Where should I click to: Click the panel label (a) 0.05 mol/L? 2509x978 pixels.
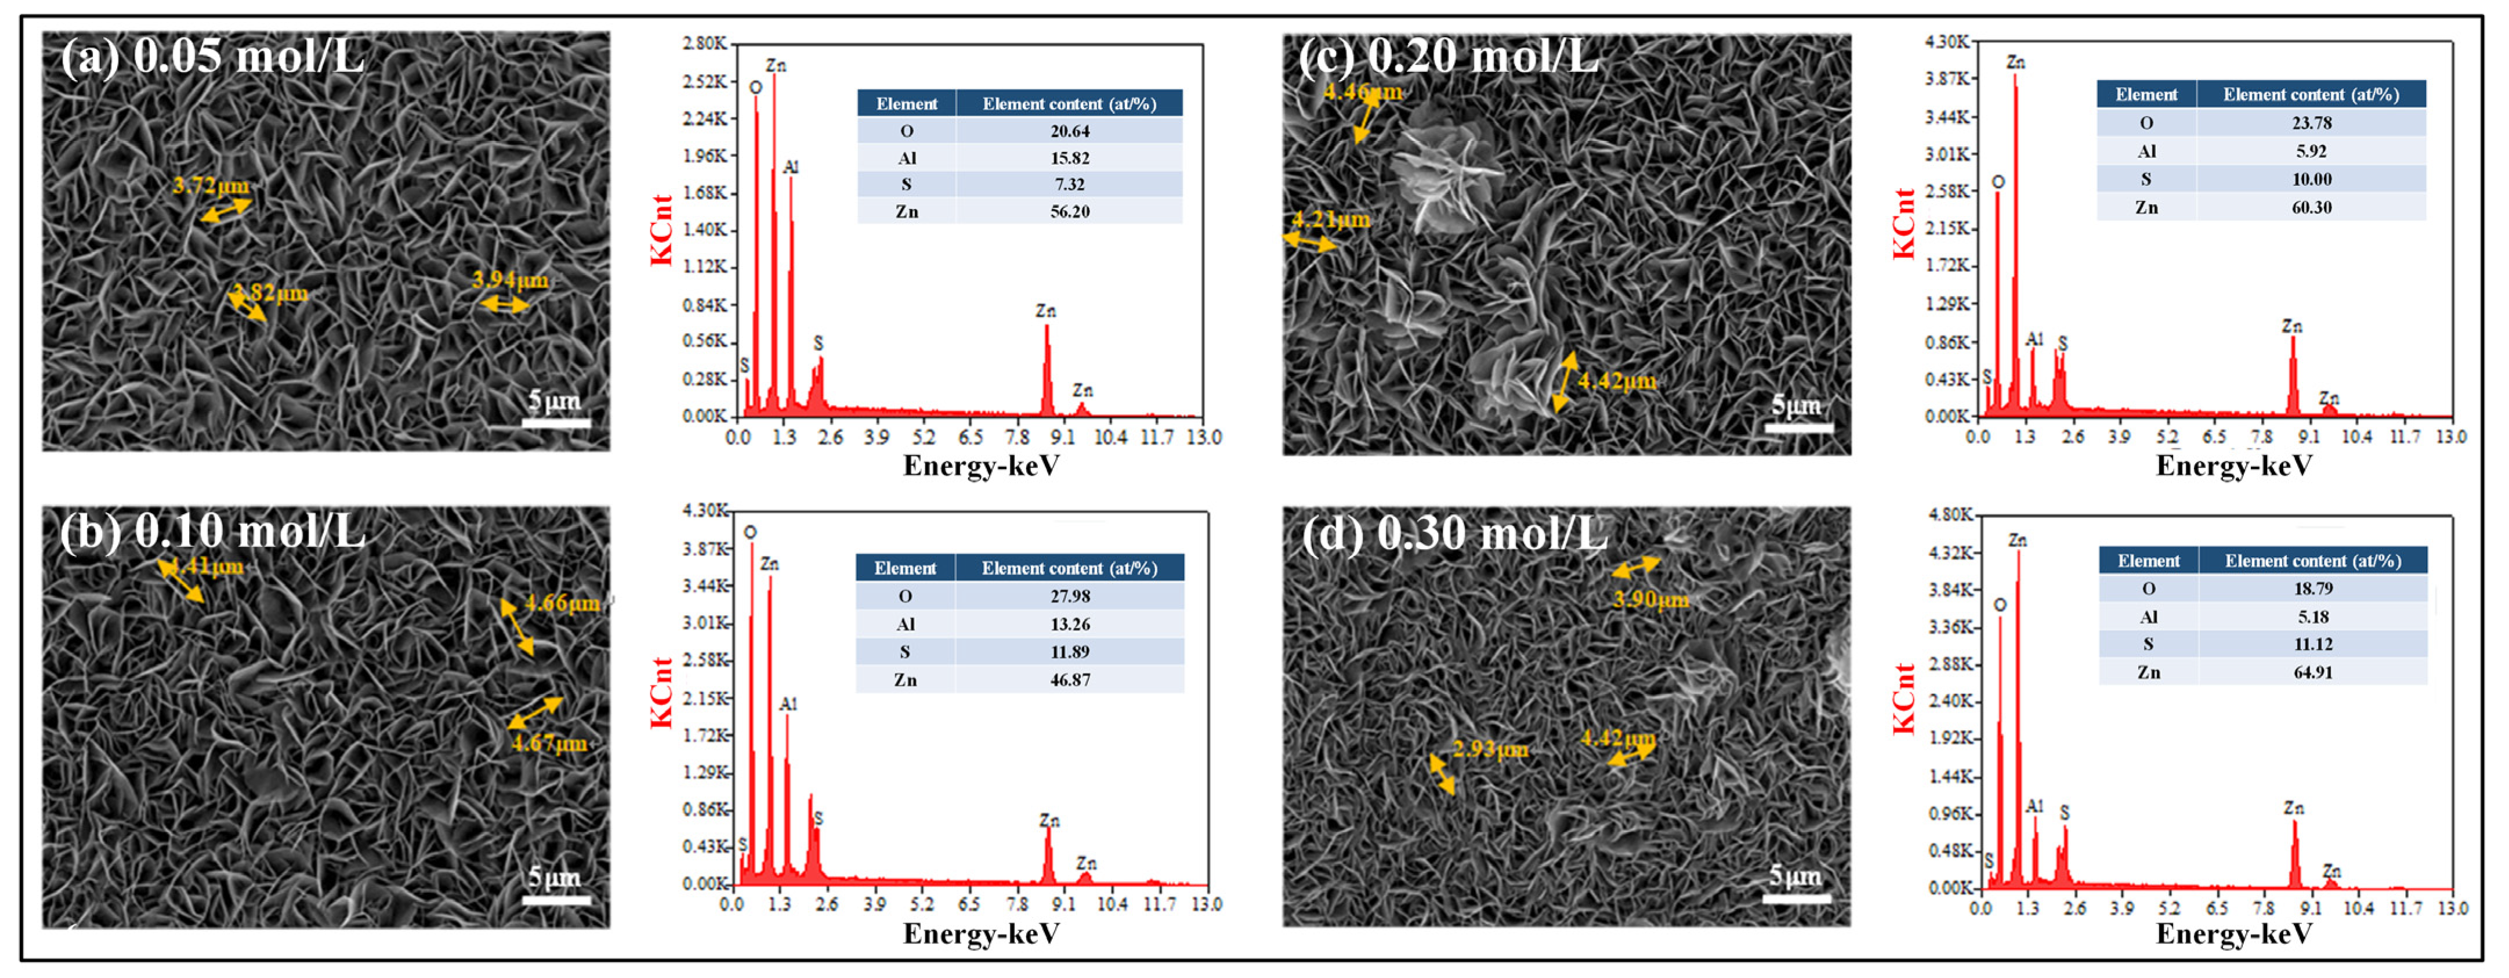[x=212, y=56]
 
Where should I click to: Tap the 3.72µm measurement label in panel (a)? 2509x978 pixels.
[x=211, y=185]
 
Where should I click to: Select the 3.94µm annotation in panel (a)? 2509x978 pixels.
[x=511, y=280]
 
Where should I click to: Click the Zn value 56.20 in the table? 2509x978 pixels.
[x=1069, y=211]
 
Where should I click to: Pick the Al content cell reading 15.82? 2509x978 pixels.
[x=1069, y=158]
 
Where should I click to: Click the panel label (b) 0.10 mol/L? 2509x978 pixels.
[x=212, y=532]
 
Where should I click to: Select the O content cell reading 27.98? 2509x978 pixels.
[x=1069, y=596]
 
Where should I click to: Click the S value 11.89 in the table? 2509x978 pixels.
[x=1069, y=652]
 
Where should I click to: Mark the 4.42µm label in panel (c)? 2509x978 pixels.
[x=1617, y=381]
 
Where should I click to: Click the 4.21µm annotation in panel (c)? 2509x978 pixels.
[x=1330, y=219]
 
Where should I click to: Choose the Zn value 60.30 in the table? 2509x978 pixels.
[x=2311, y=207]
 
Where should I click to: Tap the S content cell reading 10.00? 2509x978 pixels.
[x=2311, y=179]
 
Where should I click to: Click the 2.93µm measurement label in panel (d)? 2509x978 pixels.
[x=1490, y=749]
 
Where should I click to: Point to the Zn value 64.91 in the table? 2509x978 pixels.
[x=2314, y=672]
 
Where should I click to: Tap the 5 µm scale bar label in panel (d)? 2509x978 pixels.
[x=1794, y=876]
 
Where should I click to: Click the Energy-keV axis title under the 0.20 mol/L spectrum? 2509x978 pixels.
[x=2233, y=467]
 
